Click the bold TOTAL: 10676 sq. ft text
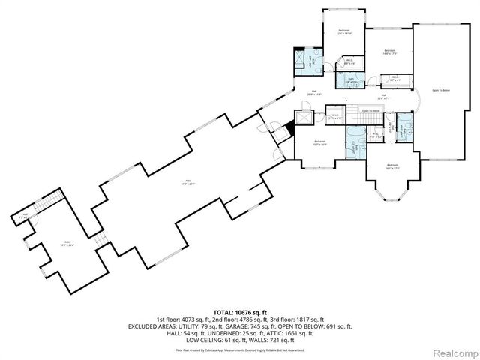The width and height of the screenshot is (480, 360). click(x=239, y=311)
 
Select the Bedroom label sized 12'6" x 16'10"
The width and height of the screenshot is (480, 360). click(x=345, y=31)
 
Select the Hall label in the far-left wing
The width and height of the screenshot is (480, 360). click(x=25, y=216)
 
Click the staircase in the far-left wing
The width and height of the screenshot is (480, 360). click(x=46, y=202)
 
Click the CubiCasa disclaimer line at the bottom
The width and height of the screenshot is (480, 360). click(x=239, y=350)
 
